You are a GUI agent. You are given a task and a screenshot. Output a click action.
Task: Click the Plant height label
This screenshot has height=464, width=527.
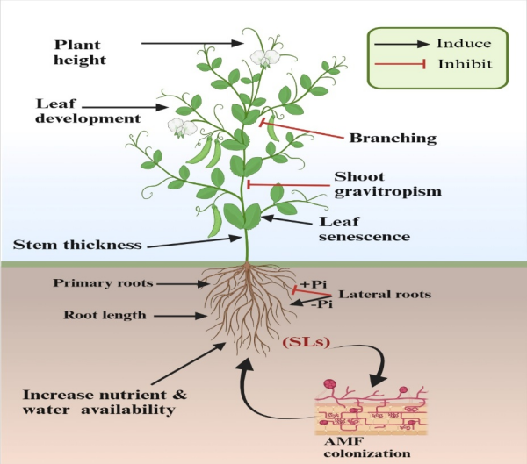coord(82,51)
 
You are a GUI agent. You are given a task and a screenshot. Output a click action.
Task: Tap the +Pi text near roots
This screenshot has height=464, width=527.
coord(313,283)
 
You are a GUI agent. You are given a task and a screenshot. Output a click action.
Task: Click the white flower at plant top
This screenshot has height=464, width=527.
coord(264,59)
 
